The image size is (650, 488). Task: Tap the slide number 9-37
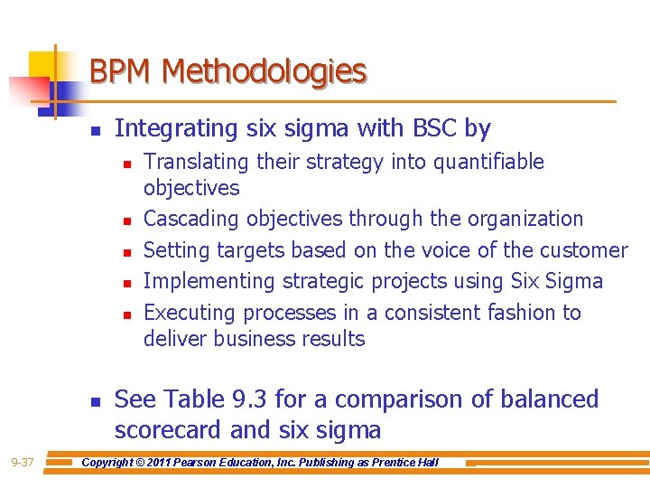point(23,463)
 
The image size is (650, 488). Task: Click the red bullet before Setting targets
point(128,251)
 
